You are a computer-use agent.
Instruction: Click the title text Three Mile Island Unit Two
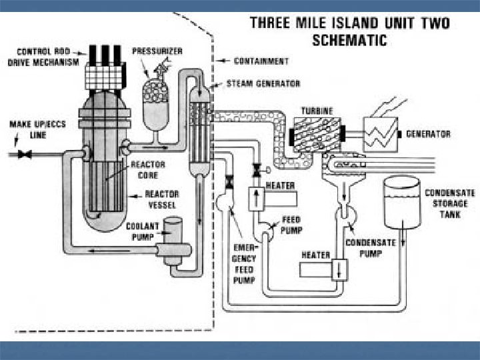(x=349, y=23)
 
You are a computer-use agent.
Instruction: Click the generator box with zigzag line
(x=381, y=134)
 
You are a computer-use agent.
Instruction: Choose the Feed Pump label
(x=292, y=225)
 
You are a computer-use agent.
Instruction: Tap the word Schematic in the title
(x=349, y=40)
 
